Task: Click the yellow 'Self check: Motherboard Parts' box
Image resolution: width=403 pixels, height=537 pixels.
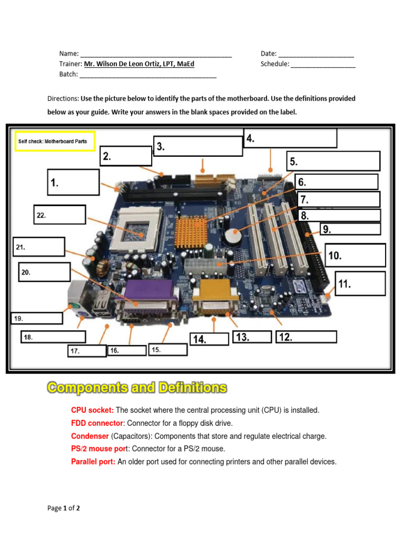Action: tap(55, 141)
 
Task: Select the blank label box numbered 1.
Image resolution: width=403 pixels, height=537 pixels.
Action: tap(73, 182)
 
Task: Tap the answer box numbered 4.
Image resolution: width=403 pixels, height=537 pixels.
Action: tap(290, 138)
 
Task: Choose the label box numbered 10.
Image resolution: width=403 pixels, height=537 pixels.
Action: tap(355, 255)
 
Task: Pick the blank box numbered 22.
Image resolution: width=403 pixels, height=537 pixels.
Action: tap(59, 215)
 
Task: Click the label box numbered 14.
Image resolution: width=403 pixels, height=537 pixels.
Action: tap(209, 339)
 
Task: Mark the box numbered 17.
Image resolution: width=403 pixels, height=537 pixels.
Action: tap(87, 351)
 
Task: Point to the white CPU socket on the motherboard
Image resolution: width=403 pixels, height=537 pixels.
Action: tap(137, 226)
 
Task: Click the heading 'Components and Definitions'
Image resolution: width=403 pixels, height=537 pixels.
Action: tap(137, 388)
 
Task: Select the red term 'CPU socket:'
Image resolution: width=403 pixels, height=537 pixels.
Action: tap(92, 410)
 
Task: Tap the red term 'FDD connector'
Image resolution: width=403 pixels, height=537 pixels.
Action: tap(97, 423)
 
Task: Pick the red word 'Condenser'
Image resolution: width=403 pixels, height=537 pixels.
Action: tap(90, 436)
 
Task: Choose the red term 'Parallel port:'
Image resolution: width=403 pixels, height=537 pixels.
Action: tap(93, 462)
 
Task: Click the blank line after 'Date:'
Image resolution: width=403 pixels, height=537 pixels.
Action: tap(316, 54)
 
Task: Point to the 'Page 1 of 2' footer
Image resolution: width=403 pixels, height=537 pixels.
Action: tap(63, 508)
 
